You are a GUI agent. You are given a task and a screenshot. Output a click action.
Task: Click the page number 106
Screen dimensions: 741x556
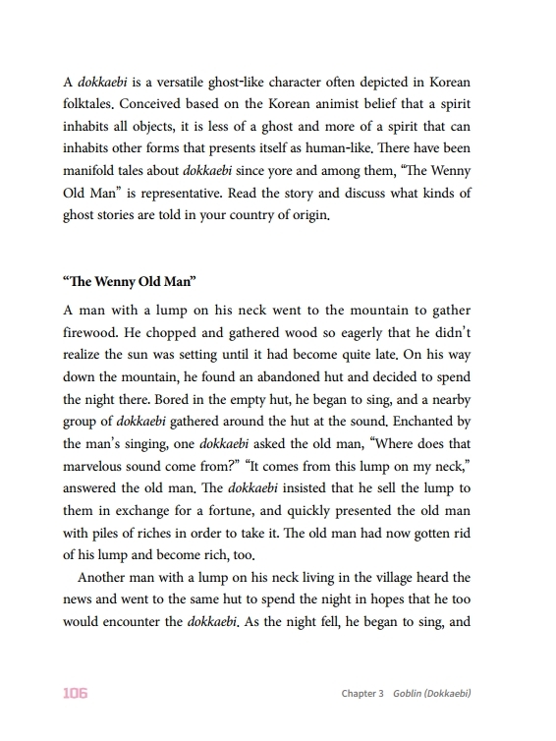[75, 694]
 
